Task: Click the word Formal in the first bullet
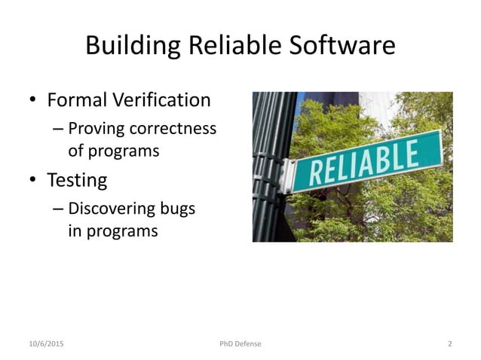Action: tap(77, 99)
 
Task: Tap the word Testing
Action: tap(77, 181)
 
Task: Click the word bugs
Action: tap(179, 209)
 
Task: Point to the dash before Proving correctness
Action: tap(58, 129)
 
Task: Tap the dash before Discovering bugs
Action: tap(58, 209)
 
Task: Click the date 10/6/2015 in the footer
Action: tap(46, 344)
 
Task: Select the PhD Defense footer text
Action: tap(240, 344)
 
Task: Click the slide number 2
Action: tap(449, 344)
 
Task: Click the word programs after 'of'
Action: tap(124, 151)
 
